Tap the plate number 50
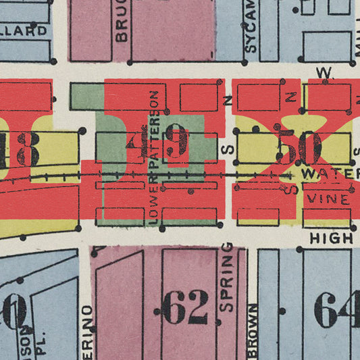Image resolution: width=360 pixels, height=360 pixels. point(299,147)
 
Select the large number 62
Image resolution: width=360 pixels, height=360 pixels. point(186,310)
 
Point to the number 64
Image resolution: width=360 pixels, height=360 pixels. point(337,310)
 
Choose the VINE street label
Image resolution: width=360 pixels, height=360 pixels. point(328,199)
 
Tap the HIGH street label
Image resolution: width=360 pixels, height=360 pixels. point(332,238)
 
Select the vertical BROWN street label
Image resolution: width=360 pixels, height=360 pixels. point(253,331)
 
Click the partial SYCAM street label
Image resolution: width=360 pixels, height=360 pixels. point(251,26)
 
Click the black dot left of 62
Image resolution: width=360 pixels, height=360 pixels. point(157,311)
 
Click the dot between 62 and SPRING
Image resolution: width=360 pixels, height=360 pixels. point(215,311)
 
